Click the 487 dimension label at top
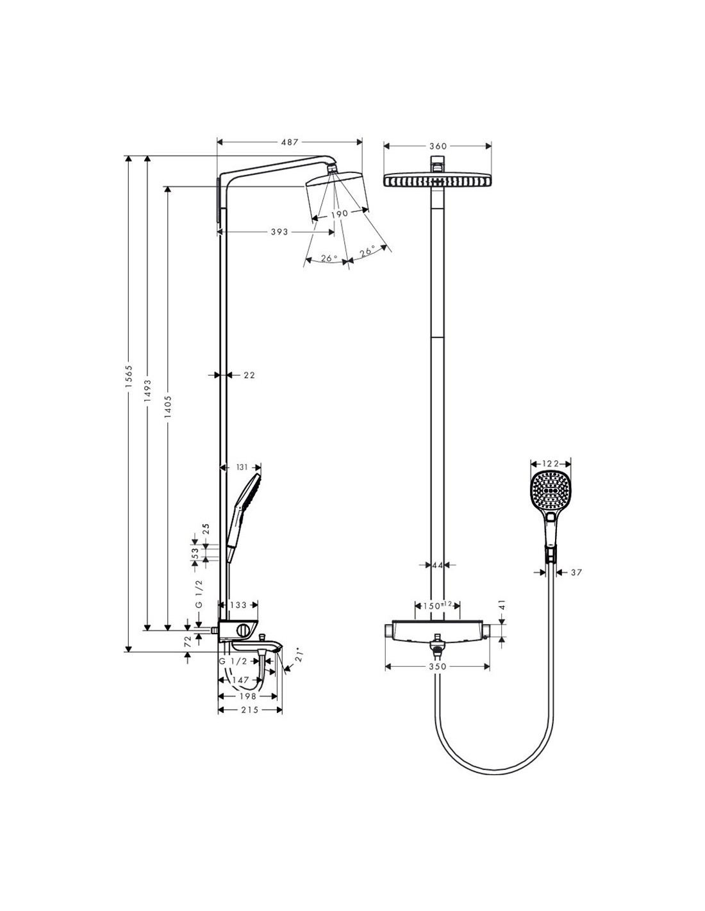click(x=289, y=142)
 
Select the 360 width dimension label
click(x=438, y=146)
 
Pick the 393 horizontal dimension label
click(x=279, y=232)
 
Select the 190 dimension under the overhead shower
click(x=339, y=213)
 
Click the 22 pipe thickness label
click(x=249, y=375)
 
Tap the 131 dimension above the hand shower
click(x=242, y=467)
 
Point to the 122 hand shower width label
click(x=551, y=464)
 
